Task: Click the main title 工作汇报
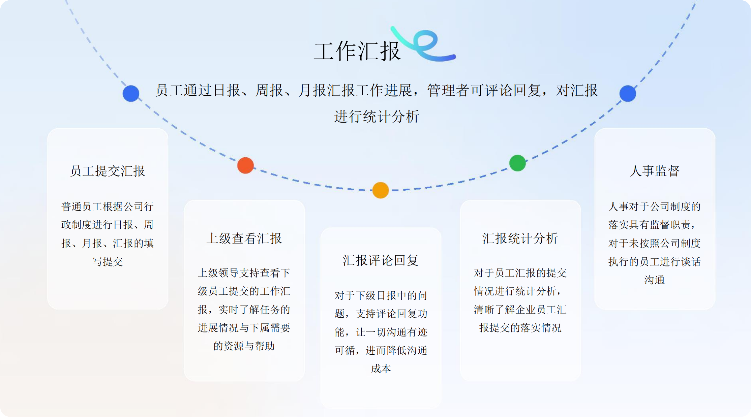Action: pos(357,51)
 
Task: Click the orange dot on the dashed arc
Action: pos(381,190)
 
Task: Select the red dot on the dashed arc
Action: pos(245,165)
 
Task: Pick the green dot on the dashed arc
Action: pos(517,163)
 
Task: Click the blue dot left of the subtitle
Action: pos(131,93)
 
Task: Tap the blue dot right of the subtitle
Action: pos(628,93)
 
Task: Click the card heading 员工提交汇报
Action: pos(108,171)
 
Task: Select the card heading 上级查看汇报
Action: pos(244,238)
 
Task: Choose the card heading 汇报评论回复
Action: pos(381,260)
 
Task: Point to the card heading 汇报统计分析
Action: pos(520,238)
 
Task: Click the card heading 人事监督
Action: pos(654,171)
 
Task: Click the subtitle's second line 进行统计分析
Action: pos(377,117)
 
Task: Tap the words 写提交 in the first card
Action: pos(108,261)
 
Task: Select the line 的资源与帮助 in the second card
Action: pos(244,346)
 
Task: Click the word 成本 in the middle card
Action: pos(381,368)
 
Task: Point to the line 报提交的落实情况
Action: pos(520,328)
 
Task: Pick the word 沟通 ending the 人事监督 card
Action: pos(654,280)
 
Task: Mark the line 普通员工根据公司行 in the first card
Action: pos(108,206)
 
